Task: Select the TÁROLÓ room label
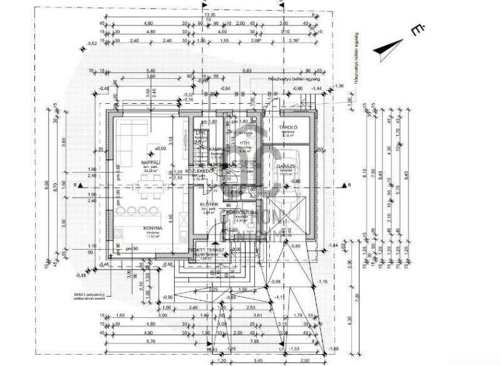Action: click(x=287, y=127)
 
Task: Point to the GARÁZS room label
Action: click(x=286, y=166)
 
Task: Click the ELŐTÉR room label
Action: click(x=209, y=205)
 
